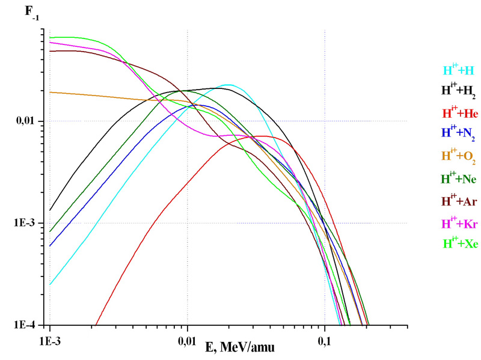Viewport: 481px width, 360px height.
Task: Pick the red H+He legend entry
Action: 459,112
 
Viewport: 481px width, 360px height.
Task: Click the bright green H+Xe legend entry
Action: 459,243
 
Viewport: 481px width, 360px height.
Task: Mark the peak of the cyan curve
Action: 228,85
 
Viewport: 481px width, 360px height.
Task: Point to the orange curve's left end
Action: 51,92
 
